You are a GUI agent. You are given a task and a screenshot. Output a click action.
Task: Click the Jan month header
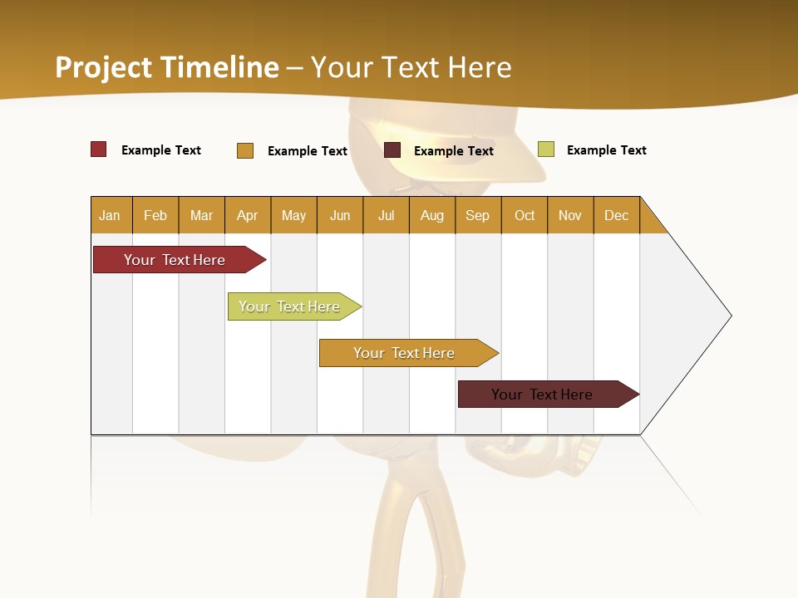[110, 215]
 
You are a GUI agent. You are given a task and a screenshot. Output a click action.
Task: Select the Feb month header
[155, 215]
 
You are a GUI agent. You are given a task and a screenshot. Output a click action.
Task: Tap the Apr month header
[247, 215]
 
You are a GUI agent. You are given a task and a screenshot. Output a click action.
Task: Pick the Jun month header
[340, 215]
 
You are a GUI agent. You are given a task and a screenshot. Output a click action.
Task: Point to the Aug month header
[431, 215]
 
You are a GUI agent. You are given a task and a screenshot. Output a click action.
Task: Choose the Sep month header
[477, 215]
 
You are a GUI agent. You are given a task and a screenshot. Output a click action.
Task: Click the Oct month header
[525, 215]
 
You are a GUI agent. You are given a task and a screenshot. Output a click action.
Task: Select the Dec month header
[616, 215]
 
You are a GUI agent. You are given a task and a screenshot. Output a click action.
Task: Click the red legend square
[99, 149]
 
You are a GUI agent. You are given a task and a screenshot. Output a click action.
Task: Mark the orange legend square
[245, 150]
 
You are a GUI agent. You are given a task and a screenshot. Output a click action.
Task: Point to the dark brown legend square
[392, 150]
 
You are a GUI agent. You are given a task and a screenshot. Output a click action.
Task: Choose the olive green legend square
[546, 149]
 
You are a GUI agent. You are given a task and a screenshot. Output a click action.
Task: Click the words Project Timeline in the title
[167, 67]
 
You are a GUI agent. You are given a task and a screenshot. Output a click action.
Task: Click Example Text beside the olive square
[606, 150]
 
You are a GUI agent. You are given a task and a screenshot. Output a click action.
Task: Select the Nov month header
[570, 215]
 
